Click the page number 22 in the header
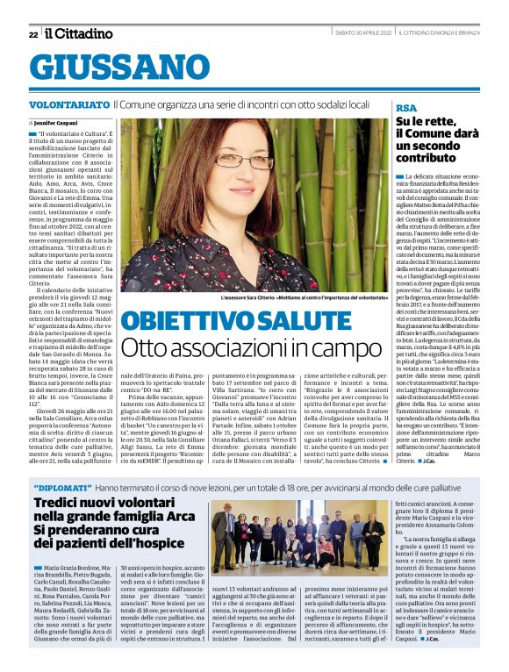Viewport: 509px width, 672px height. click(33, 34)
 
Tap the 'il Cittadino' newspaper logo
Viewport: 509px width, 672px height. click(79, 33)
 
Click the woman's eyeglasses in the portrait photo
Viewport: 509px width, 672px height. click(244, 161)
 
